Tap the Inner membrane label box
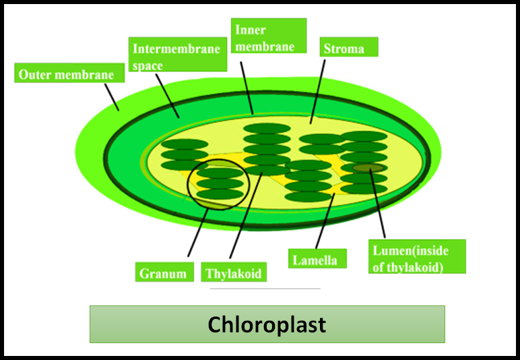(269, 38)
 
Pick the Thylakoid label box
(233, 273)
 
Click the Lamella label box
(317, 259)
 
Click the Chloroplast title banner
(267, 324)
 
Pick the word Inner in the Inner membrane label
(249, 30)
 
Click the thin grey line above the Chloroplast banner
(265, 289)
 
